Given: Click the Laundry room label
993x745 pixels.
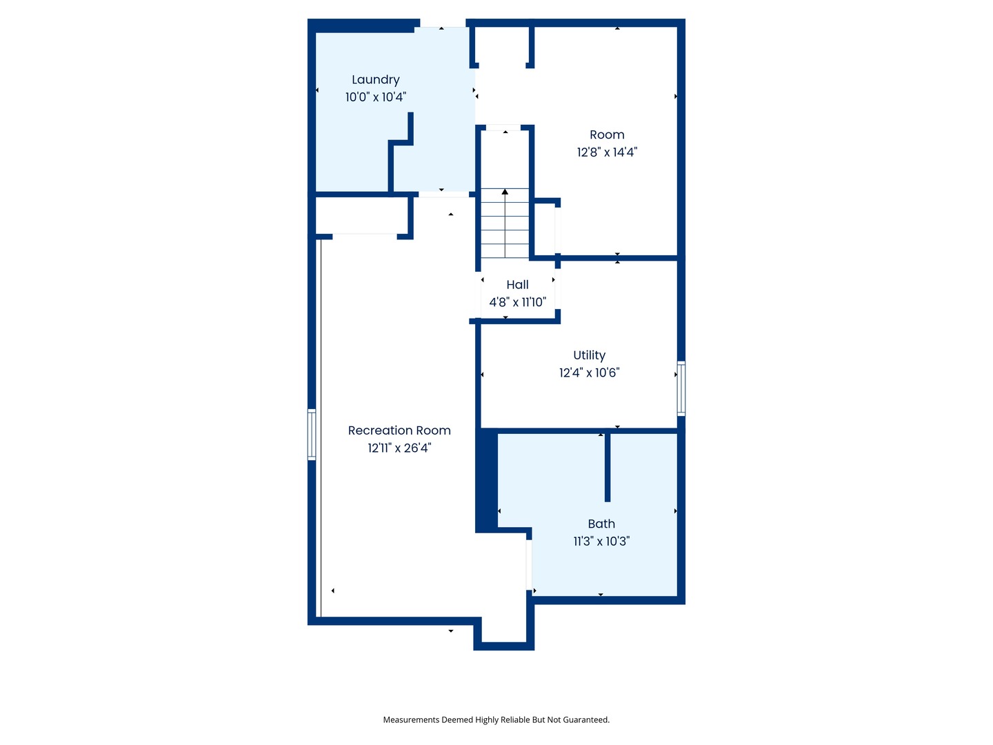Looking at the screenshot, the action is click(376, 80).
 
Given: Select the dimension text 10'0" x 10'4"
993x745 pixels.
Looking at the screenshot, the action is click(376, 97).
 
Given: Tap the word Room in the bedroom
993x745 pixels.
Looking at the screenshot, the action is click(607, 135).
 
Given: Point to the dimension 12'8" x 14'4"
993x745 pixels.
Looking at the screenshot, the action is click(607, 152).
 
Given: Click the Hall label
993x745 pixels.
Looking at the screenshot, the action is click(517, 285).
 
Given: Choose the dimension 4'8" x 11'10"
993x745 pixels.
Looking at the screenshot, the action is click(518, 302).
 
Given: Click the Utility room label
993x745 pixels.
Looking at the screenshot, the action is click(589, 356).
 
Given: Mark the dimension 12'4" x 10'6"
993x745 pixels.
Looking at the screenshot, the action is click(589, 373).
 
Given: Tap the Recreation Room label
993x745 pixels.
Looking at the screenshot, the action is click(399, 430).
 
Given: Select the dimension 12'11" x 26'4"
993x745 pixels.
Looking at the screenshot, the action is click(399, 448).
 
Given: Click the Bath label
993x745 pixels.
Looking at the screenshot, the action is click(601, 524).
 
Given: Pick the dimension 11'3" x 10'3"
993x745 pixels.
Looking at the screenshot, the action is click(601, 542).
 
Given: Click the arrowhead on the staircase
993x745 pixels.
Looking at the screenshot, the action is click(505, 192).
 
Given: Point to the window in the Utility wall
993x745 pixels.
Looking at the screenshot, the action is click(681, 388).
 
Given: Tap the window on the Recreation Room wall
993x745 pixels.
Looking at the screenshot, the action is click(312, 435).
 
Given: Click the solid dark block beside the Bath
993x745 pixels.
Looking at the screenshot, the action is click(486, 481).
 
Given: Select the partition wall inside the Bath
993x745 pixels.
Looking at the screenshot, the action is click(607, 467).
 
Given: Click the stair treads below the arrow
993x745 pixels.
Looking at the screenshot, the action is click(505, 223).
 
